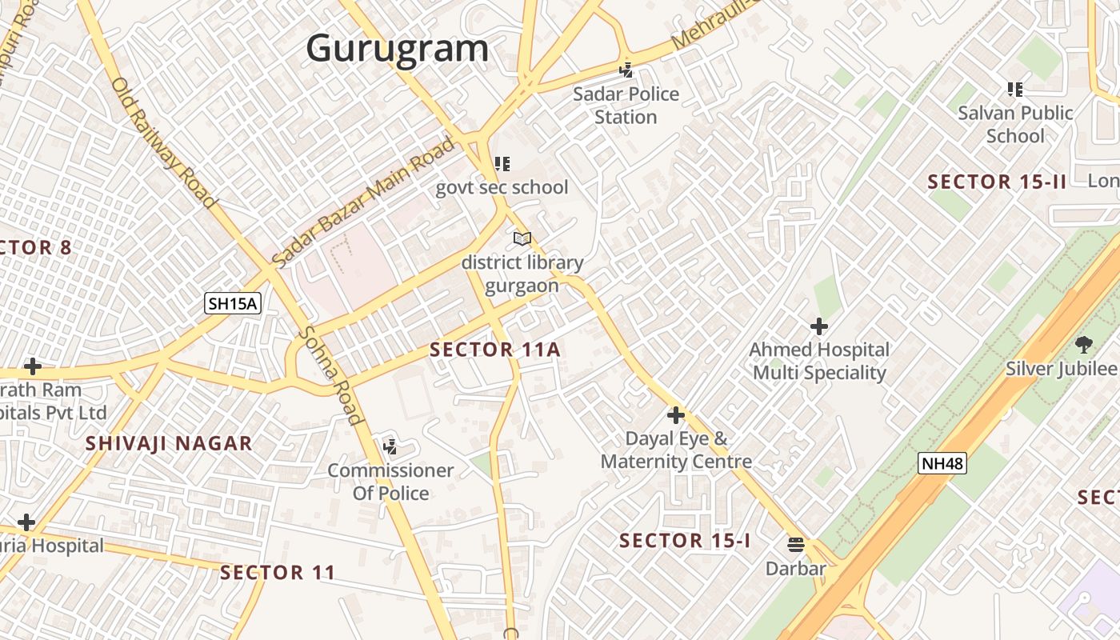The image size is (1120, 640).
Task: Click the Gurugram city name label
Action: pos(397,48)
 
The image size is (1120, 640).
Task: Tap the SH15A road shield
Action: pos(233,303)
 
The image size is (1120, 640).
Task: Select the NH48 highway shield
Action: pos(942,463)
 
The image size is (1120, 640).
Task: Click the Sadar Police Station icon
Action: pos(626,70)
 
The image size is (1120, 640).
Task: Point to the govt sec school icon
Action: pos(502,165)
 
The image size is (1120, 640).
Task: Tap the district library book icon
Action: pos(522,238)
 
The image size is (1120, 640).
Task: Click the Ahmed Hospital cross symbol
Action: pos(818,326)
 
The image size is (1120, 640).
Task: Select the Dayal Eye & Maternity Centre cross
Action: pos(676,415)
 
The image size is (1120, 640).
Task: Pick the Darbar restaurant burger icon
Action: pos(795,545)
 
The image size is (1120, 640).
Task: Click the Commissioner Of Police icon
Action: pos(390,446)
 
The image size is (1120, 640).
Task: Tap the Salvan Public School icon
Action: pos(1014,90)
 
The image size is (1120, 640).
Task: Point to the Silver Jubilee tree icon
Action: pos(1083,346)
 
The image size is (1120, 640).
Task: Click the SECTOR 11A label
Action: pos(494,350)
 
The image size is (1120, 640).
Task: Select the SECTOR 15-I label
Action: pos(685,541)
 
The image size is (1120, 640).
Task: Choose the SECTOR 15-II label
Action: pos(997,182)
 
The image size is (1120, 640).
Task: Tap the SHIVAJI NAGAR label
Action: pos(169,443)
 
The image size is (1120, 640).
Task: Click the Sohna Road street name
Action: pos(330,376)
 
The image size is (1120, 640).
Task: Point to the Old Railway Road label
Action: pos(163,142)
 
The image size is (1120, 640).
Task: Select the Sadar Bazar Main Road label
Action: pos(364,202)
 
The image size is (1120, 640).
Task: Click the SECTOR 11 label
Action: pos(278,573)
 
